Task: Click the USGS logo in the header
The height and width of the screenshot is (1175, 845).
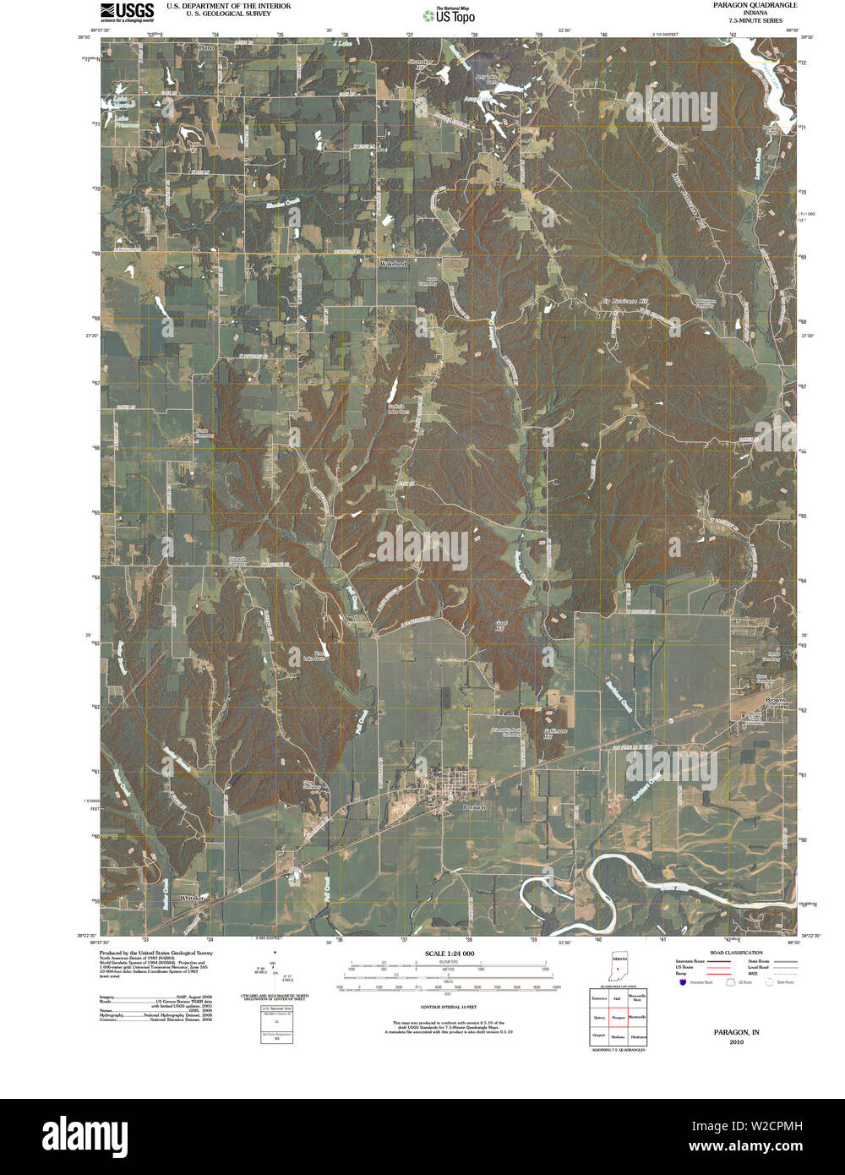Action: coord(128,11)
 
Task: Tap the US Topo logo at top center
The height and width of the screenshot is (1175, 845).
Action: coord(449,14)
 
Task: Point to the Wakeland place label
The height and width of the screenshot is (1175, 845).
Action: coord(393,264)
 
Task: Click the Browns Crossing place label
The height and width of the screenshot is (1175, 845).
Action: coord(776,703)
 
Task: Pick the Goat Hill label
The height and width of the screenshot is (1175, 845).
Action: coord(501,626)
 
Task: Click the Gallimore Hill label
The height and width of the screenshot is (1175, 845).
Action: coord(553,732)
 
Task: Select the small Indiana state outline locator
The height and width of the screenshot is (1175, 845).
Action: coord(619,971)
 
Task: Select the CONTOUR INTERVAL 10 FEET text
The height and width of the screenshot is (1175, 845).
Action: coord(450,1008)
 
